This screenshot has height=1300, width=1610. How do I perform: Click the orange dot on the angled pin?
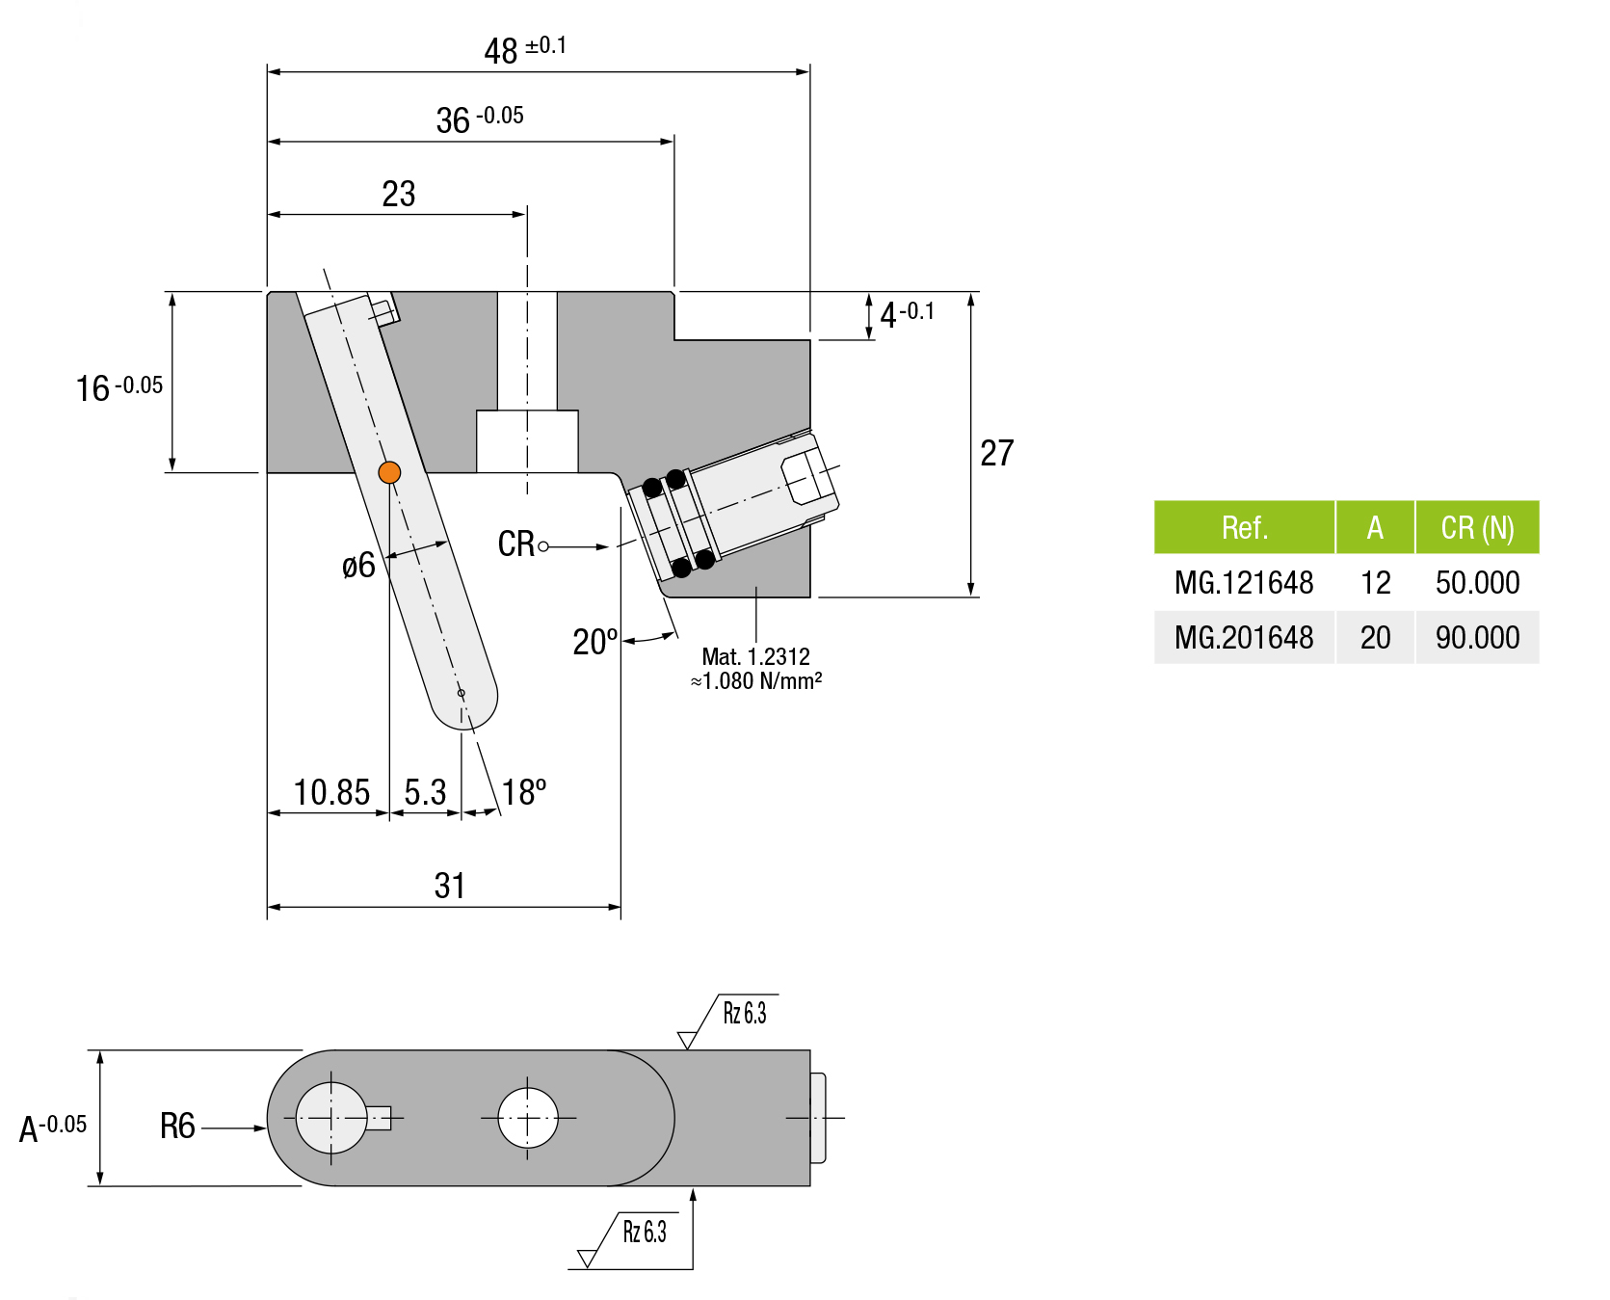389,472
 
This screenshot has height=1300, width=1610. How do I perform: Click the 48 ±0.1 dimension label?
524,49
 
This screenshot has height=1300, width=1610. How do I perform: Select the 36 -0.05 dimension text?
479,119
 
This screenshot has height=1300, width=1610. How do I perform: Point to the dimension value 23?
398,194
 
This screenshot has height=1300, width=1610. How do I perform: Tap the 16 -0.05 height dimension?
119,387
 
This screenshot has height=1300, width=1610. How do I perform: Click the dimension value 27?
996,453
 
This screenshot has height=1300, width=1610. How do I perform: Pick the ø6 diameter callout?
358,566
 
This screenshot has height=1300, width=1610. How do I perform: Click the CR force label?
516,544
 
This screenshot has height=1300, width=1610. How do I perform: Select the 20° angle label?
594,642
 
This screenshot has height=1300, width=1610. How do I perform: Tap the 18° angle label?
523,792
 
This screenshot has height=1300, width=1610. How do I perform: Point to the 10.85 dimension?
331,792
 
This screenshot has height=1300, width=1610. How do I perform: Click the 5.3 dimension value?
425,792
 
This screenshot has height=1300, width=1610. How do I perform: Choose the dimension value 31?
449,886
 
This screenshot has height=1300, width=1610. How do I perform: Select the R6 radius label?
177,1126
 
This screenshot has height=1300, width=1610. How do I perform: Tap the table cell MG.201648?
1244,637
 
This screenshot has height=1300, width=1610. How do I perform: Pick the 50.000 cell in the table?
1477,582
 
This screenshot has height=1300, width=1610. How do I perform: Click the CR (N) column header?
1477,527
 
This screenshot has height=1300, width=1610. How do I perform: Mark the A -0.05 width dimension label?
53,1127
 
